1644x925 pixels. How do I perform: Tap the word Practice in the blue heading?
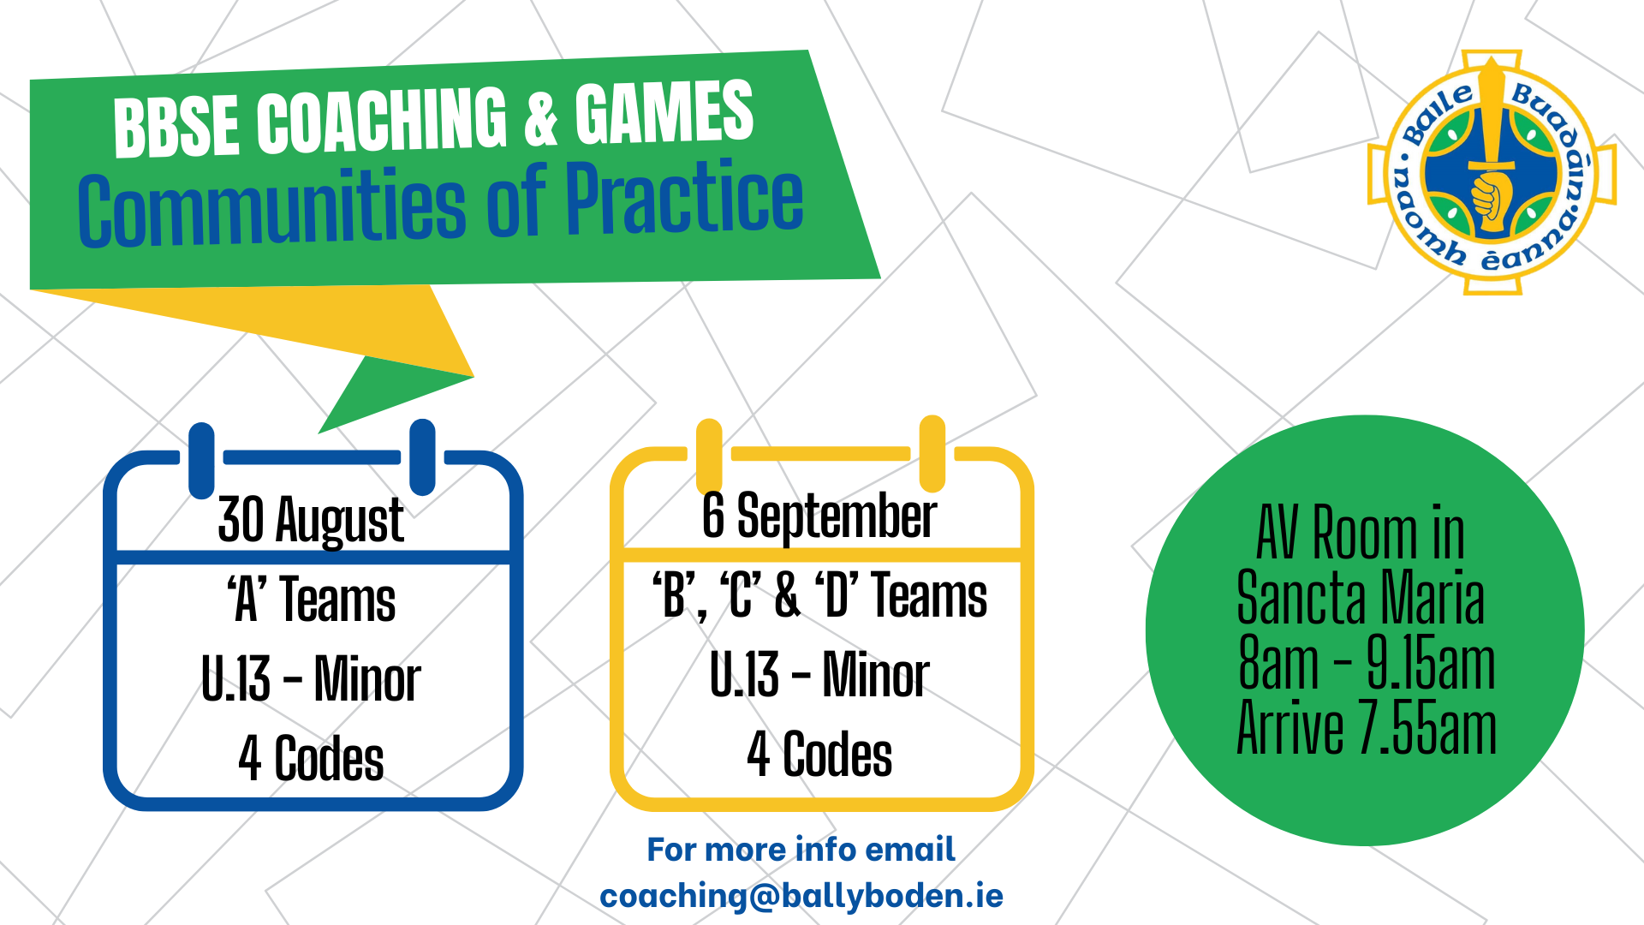pos(684,198)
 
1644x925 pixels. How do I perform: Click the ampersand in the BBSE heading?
pos(540,119)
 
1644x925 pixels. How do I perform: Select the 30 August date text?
pos(311,520)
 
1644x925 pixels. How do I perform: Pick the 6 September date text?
pos(819,516)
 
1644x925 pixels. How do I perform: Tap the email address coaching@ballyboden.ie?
pos(801,897)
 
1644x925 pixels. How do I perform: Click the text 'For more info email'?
pos(801,850)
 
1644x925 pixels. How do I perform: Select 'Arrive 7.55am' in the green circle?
pos(1367,728)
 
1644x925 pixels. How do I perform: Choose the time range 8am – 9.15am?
pos(1367,663)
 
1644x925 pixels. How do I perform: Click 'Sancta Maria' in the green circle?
pos(1361,597)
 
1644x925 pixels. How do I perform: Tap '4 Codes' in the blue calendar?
pos(311,758)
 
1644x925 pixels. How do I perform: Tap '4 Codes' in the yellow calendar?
pos(819,754)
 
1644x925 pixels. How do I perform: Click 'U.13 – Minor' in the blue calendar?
pos(311,678)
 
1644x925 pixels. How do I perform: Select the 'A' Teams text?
pos(311,599)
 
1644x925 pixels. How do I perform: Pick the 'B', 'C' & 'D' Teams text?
pos(819,594)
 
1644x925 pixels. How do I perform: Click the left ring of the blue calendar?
pos(201,460)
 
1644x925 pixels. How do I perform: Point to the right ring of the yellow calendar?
pos(932,454)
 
